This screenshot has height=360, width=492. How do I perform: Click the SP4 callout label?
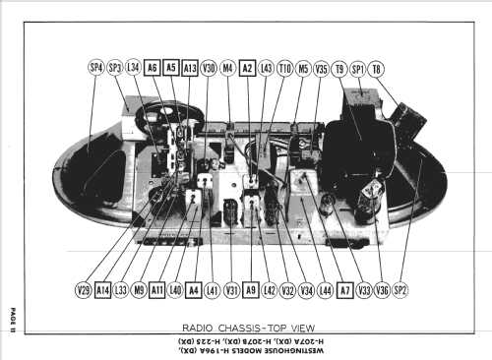[x=95, y=68]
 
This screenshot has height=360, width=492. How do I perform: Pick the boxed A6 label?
[x=153, y=68]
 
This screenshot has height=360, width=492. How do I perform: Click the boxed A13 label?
[x=190, y=68]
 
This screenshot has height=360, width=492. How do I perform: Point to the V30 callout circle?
[x=209, y=68]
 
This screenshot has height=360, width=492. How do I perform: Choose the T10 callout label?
[x=284, y=68]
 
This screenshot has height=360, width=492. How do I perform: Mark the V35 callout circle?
[x=322, y=68]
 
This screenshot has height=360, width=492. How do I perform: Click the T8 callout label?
[x=378, y=68]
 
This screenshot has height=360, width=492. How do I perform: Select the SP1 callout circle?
[x=359, y=68]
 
